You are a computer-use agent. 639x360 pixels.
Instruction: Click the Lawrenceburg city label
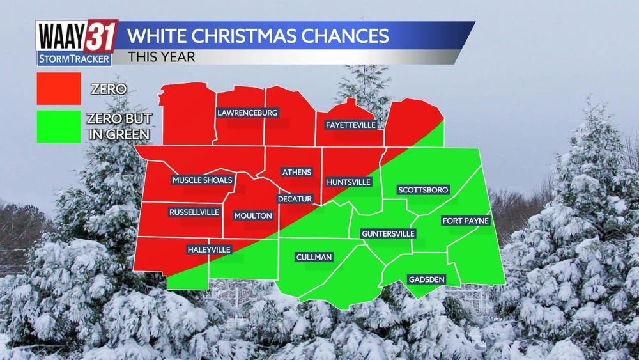click(x=247, y=113)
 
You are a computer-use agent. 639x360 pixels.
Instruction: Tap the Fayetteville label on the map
click(x=350, y=125)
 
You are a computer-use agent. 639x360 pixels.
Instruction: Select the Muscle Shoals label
click(x=202, y=180)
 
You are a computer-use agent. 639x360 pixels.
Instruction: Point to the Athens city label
click(x=296, y=172)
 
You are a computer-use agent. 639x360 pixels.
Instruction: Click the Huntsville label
click(x=348, y=182)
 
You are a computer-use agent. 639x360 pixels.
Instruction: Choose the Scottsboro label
click(x=423, y=190)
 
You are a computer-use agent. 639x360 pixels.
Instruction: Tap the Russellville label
click(x=194, y=212)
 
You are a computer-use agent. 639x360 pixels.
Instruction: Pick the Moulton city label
click(x=253, y=215)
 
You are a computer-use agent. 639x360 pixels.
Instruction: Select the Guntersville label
click(x=388, y=234)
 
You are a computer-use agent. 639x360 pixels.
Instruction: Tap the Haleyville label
click(x=208, y=249)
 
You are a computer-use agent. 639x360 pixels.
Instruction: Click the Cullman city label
click(x=314, y=257)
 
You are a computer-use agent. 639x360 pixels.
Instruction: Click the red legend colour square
click(x=59, y=88)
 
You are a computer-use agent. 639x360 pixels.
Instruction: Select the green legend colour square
click(x=59, y=125)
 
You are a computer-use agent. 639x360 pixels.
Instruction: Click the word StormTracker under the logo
click(x=73, y=59)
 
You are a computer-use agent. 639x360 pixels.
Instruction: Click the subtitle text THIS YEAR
click(x=161, y=56)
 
